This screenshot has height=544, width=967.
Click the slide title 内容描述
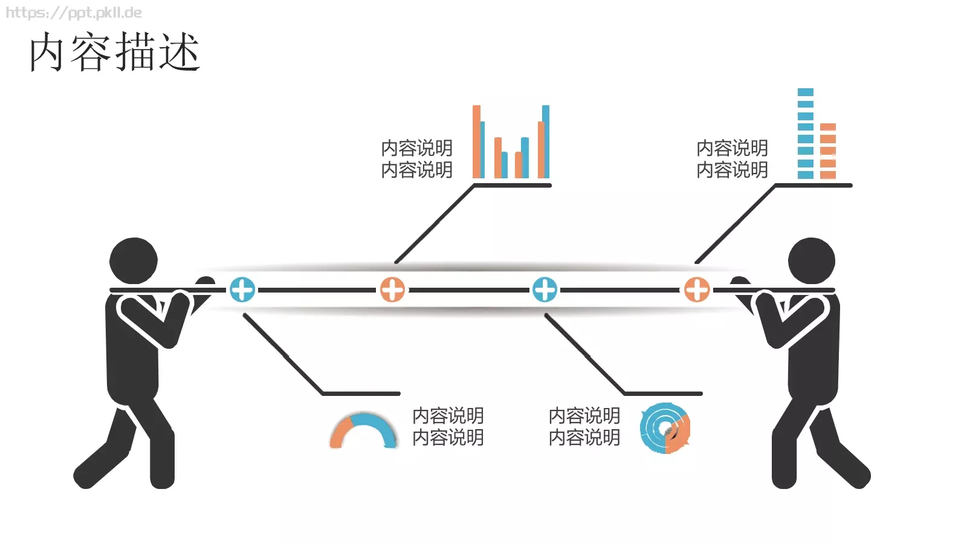114,52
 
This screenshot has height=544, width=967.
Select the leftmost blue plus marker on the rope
242,290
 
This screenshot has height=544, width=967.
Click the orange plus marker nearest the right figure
697,290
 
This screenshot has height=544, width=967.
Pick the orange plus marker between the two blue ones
392,290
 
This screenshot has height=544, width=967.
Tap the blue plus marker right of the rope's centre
545,290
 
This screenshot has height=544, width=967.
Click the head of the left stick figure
134,261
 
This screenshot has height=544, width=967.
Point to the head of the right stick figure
812,261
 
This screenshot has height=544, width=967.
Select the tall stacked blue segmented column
806,134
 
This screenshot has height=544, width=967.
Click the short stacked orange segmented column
828,151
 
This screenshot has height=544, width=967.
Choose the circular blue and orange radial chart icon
665,428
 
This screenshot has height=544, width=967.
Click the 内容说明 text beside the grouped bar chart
416,159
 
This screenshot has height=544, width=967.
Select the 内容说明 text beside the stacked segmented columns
732,159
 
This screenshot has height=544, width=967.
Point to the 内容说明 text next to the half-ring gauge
448,427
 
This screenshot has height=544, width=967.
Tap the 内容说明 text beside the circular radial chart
584,427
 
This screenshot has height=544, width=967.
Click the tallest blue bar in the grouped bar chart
546,141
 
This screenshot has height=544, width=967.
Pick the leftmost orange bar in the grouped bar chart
476,141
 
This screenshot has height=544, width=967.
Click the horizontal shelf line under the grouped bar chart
513,186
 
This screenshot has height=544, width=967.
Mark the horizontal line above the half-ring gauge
361,393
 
